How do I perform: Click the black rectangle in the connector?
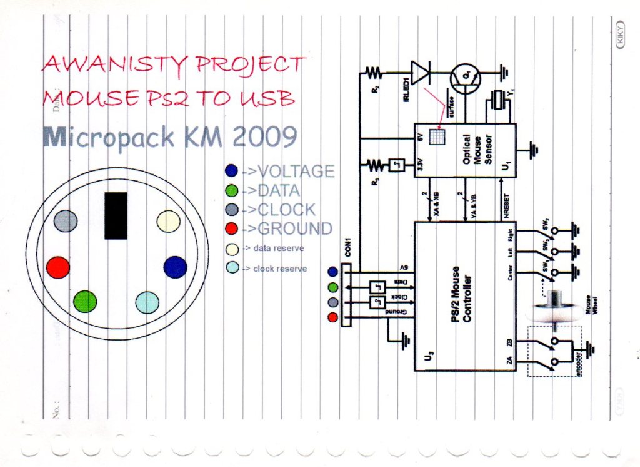click(x=116, y=215)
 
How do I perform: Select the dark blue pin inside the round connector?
click(x=175, y=267)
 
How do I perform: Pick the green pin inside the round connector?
click(x=85, y=301)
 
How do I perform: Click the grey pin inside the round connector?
click(x=66, y=221)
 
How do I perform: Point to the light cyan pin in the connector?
click(x=147, y=302)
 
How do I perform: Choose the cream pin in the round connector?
click(x=168, y=221)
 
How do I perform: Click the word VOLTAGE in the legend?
click(x=296, y=171)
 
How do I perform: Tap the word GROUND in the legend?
click(x=295, y=228)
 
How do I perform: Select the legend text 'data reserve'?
click(x=278, y=249)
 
